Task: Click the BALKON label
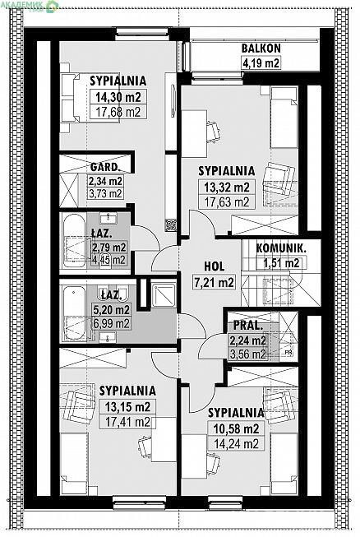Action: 261,49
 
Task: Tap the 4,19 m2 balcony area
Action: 261,63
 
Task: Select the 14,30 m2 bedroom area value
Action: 118,97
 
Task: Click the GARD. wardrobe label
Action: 105,167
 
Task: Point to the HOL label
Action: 215,266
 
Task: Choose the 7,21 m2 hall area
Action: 215,282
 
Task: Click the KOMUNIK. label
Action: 280,248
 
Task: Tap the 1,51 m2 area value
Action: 281,263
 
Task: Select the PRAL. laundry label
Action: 248,326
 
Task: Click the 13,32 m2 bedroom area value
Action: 227,187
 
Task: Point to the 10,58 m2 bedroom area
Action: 237,428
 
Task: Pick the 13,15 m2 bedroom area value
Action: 127,407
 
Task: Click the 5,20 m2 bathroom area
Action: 112,310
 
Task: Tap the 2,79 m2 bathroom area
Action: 109,248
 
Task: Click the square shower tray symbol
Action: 164,294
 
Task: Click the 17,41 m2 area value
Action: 127,422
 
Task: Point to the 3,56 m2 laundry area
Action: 248,354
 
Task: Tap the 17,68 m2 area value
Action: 118,112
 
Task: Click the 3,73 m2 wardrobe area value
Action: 106,193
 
